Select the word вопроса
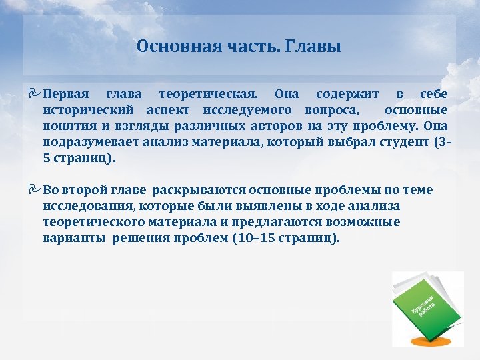tap(334, 109)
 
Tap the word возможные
tap(366, 223)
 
